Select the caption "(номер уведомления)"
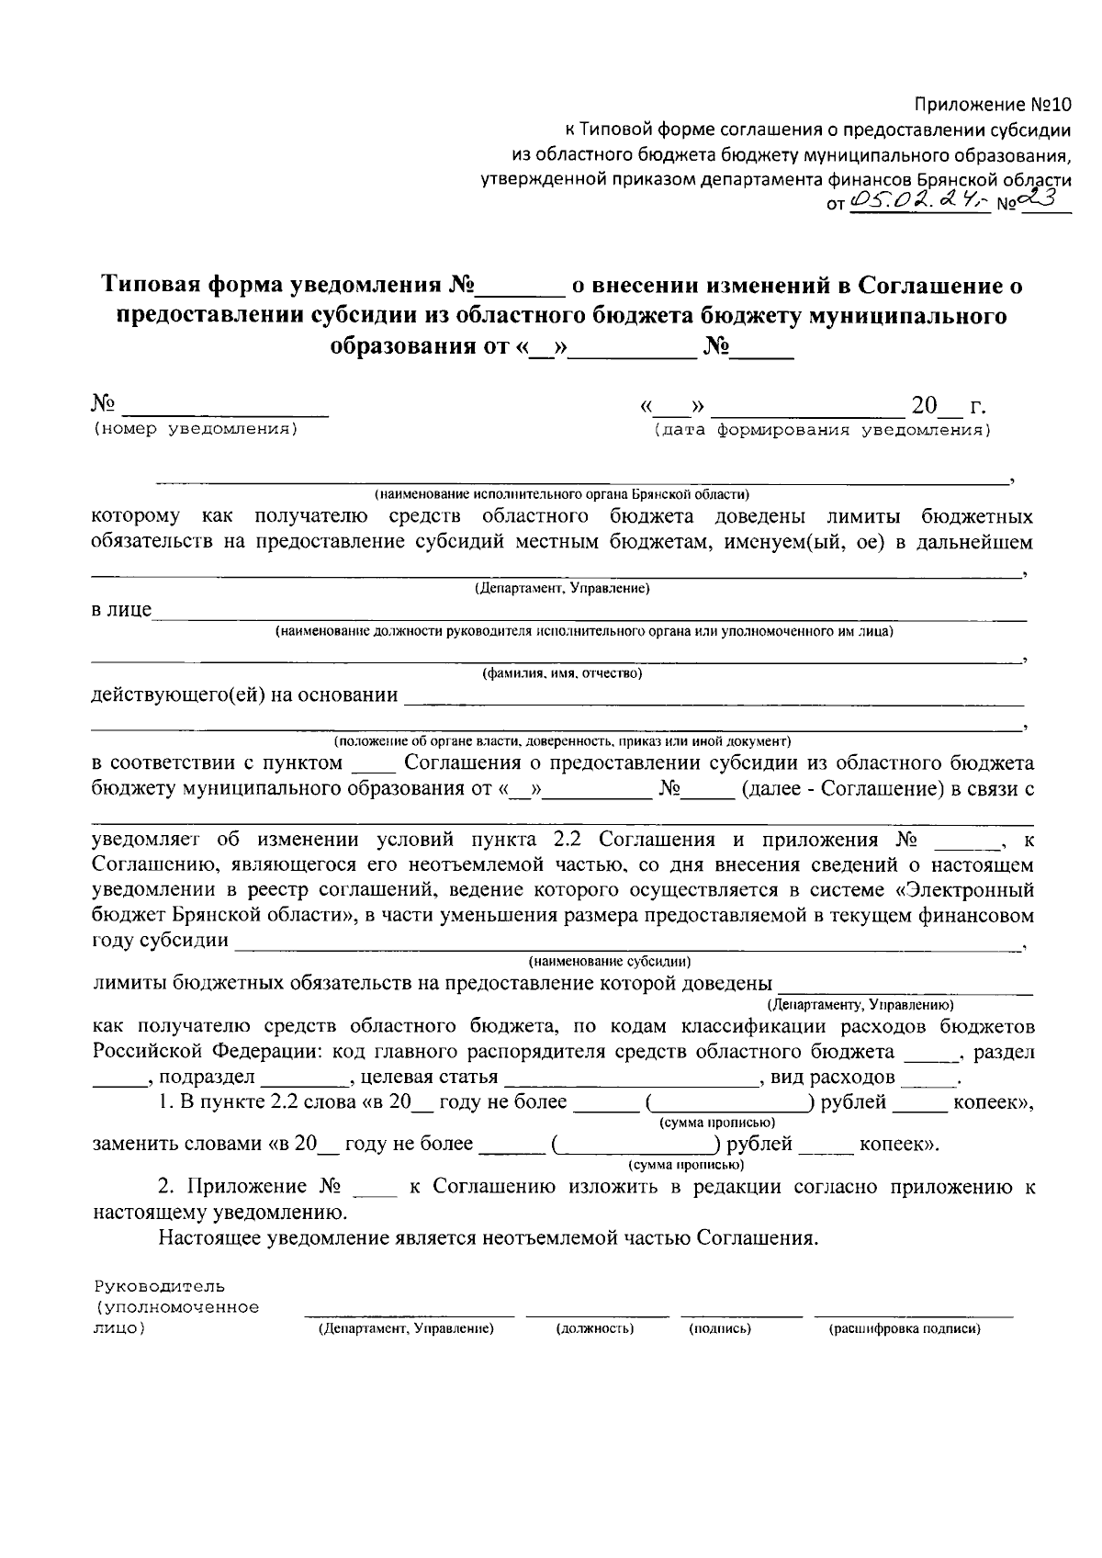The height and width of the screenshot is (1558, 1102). tap(196, 429)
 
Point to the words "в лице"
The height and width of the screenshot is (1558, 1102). tap(122, 610)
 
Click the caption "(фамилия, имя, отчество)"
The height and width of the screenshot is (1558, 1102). tap(562, 673)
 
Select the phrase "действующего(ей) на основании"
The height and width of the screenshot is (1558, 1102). tap(245, 694)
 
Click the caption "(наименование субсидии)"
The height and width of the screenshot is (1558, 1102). tap(609, 962)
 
